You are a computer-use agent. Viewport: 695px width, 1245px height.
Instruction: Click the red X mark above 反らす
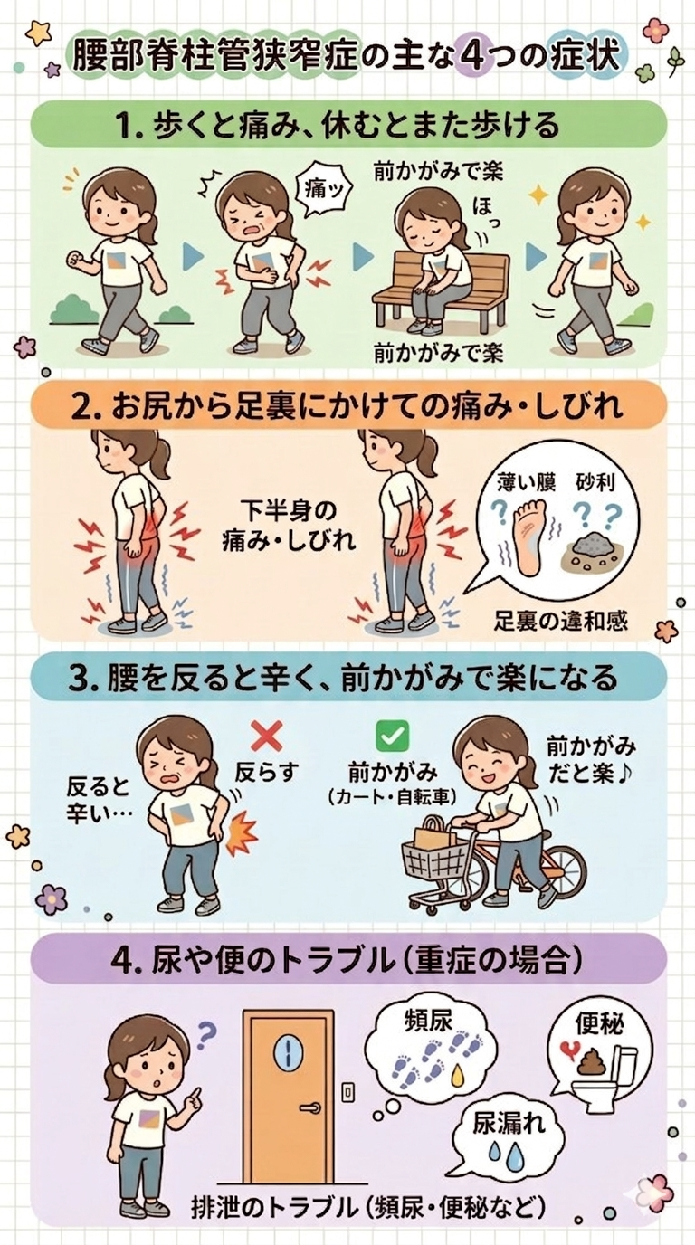click(265, 736)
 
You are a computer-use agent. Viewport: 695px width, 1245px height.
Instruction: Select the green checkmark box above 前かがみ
click(392, 736)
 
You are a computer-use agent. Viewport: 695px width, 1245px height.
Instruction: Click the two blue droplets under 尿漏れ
click(504, 1152)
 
